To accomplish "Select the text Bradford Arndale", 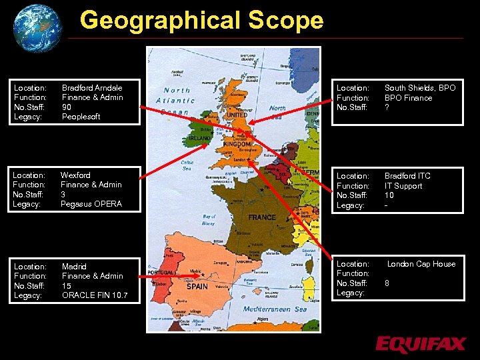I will click(x=92, y=88).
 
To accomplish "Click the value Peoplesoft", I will click(x=81, y=117).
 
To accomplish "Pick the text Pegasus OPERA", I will click(x=91, y=204).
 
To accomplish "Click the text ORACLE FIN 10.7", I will click(x=95, y=295).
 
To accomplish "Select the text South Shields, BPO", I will click(x=420, y=88).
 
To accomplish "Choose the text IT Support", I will click(x=403, y=186).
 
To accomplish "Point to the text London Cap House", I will click(x=421, y=264).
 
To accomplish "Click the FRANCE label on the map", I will click(x=262, y=217).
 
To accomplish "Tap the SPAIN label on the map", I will click(x=197, y=286).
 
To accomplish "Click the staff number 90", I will click(x=67, y=107).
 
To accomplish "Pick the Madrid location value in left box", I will click(x=74, y=267).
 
